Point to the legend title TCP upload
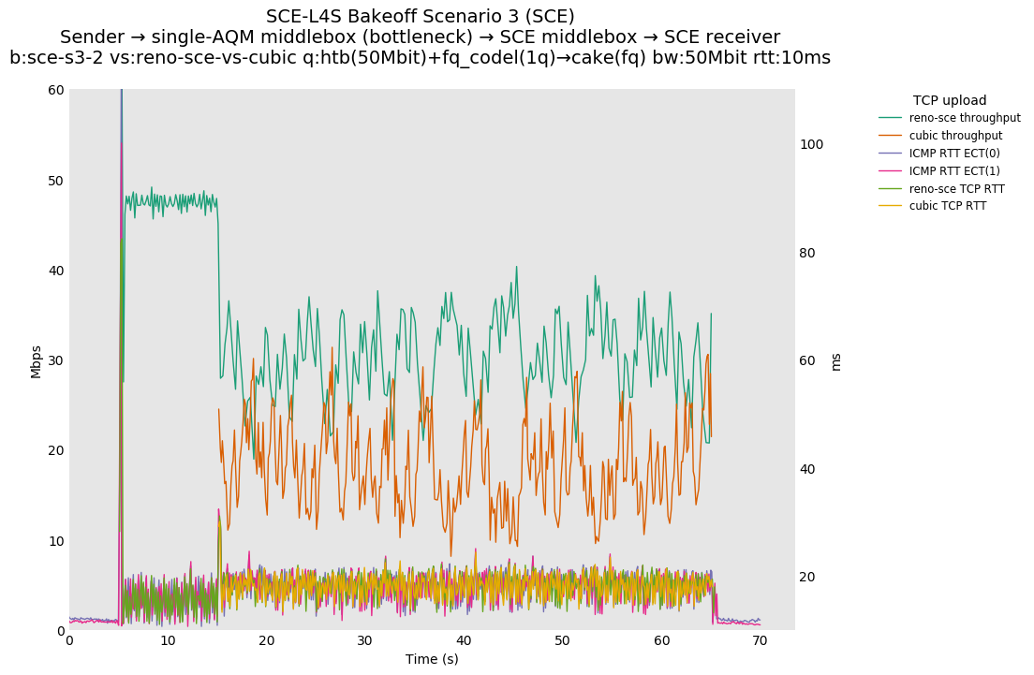[x=950, y=100]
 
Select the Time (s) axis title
[x=432, y=659]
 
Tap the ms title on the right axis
[x=835, y=361]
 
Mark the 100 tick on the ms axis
[x=811, y=144]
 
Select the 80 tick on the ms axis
[x=811, y=253]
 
